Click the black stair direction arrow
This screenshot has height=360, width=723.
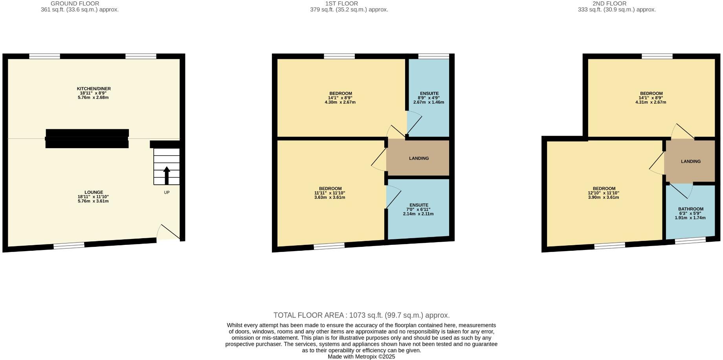167,176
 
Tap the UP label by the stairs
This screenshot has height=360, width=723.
167,193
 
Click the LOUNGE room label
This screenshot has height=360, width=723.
93,193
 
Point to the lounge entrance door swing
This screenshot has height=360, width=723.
167,233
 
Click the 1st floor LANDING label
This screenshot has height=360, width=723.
419,158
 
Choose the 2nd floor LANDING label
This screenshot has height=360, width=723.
691,162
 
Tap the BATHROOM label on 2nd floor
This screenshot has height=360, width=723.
690,209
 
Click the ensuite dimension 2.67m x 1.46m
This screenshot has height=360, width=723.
429,102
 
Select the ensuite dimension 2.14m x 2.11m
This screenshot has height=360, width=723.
418,214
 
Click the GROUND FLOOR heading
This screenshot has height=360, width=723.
75,4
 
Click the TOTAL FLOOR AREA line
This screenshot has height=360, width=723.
361,315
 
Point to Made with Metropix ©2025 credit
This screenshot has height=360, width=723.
361,357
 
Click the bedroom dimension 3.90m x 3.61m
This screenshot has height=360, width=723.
604,197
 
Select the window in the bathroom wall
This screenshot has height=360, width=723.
690,241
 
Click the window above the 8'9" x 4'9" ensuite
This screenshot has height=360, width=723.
433,56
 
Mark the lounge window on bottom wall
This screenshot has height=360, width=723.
69,246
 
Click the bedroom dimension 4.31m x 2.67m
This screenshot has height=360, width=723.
651,102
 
